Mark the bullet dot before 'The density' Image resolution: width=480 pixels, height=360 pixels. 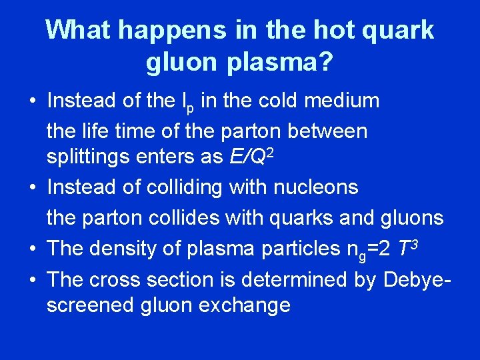click(32, 248)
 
